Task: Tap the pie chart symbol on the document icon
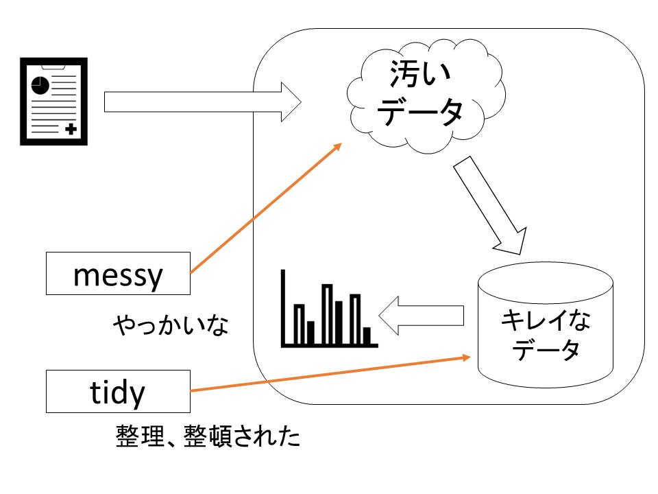coord(40,84)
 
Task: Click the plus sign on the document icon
coord(70,128)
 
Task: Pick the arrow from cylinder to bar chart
coord(421,316)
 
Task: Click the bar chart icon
coord(328,309)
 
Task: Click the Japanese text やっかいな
coord(170,325)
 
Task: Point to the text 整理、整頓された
coord(208,436)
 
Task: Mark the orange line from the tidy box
coord(329,374)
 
